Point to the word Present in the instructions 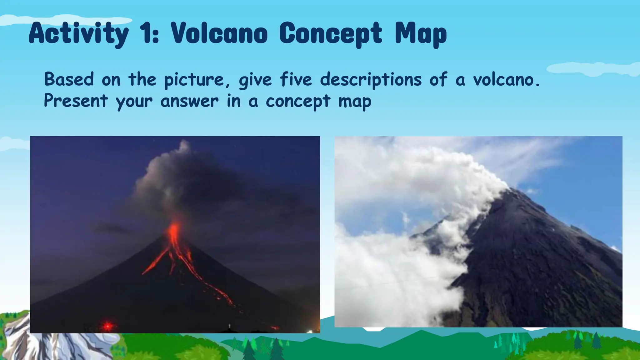[x=76, y=101]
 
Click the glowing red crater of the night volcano [x=174, y=230]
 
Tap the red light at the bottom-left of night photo [x=107, y=326]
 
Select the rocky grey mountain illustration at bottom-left [x=47, y=344]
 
